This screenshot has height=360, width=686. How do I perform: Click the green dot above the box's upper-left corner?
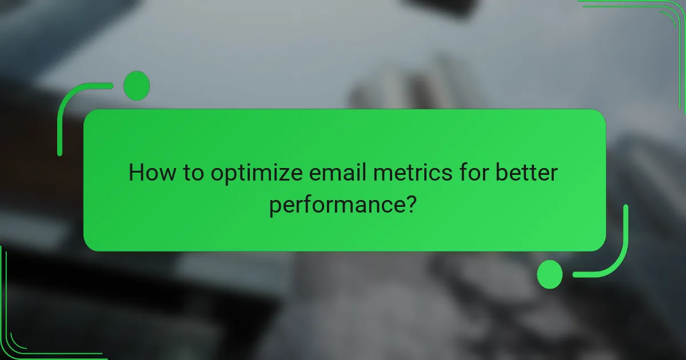point(136,86)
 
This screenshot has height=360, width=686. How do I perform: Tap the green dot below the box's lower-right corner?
point(550,275)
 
